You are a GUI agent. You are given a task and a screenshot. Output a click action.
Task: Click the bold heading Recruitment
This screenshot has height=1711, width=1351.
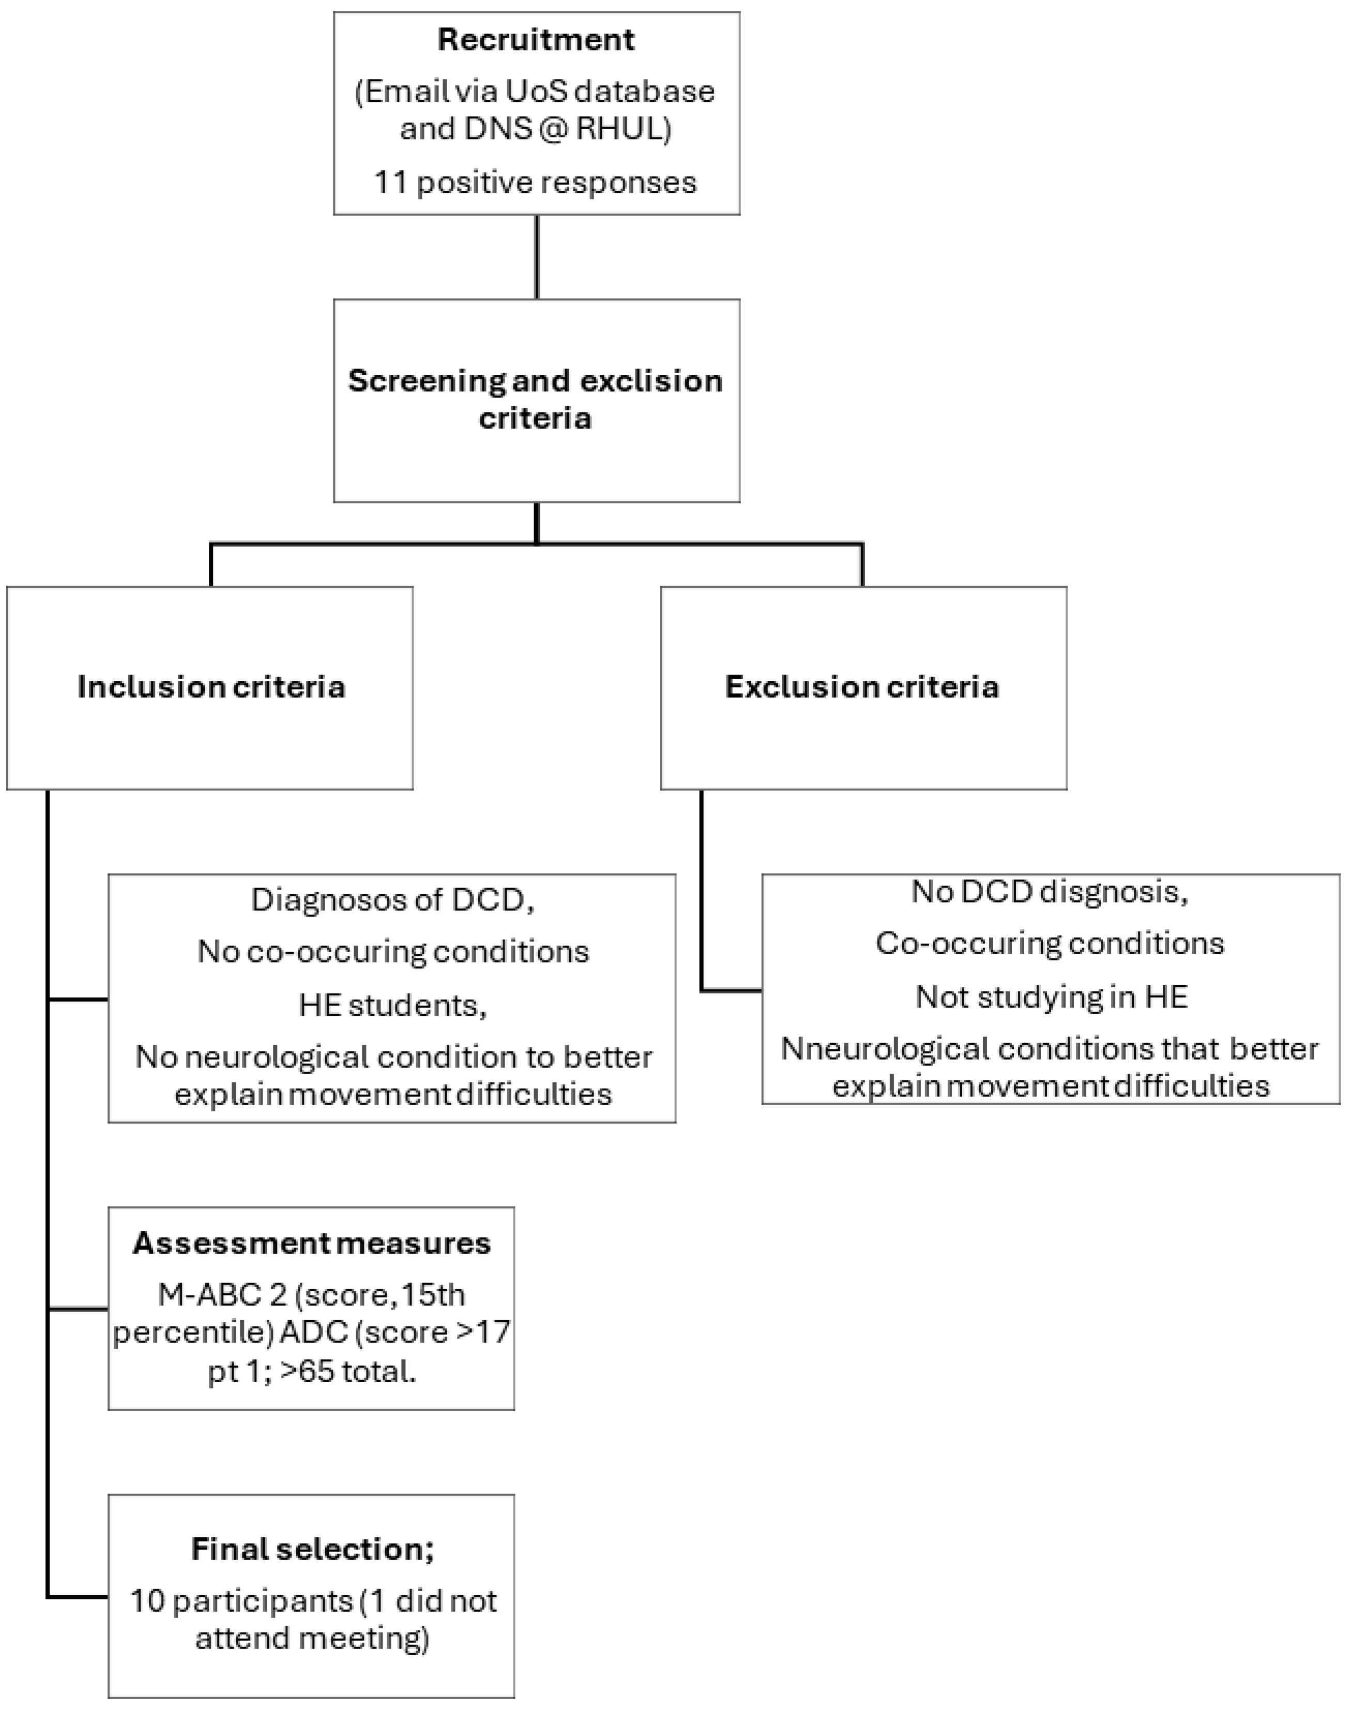point(536,39)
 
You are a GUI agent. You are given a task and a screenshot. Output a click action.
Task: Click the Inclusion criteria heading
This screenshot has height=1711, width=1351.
point(211,686)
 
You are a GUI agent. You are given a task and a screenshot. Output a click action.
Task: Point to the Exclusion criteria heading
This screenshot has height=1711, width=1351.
point(862,686)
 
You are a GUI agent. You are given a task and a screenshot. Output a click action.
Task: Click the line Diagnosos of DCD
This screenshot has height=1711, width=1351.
point(392,900)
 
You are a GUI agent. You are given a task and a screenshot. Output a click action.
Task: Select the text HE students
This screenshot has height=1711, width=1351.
point(392,1005)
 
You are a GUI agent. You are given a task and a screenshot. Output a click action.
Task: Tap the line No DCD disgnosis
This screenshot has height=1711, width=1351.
point(1050,892)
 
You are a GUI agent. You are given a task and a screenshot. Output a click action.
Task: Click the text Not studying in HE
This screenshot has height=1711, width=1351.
point(1051,997)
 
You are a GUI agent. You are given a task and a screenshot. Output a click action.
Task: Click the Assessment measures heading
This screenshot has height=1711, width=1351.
point(312,1243)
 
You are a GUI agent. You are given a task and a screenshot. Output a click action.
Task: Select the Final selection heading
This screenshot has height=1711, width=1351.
point(312,1549)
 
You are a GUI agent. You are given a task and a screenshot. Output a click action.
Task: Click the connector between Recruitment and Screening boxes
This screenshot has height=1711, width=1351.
point(537,257)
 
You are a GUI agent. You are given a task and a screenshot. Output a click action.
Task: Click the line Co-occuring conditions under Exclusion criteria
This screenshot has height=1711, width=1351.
point(1050,943)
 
